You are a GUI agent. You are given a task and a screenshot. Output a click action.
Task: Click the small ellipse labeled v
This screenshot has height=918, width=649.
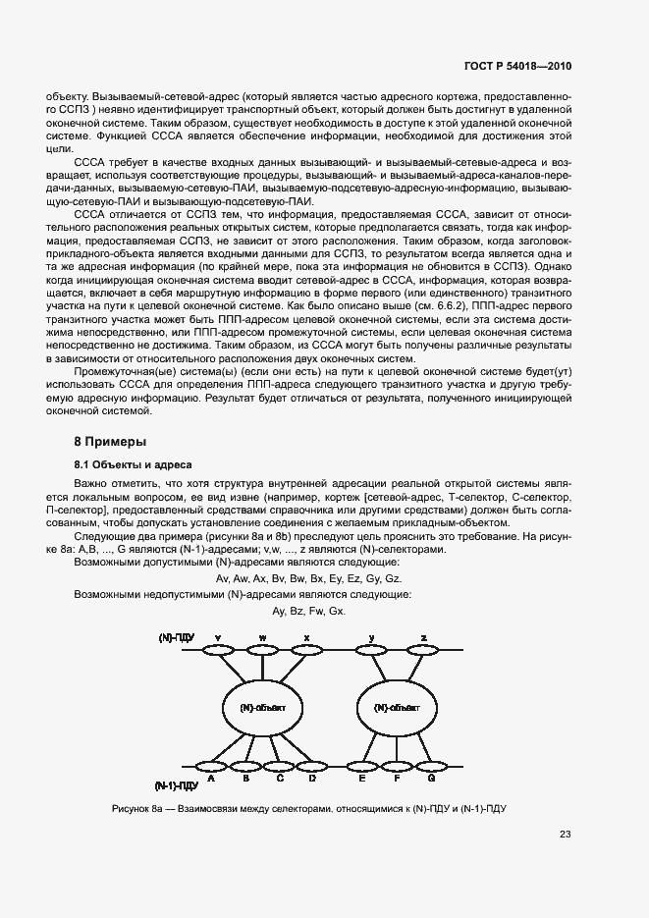pyautogui.click(x=218, y=650)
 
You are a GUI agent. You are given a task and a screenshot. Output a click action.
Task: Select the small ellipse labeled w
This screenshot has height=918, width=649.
pyautogui.click(x=263, y=650)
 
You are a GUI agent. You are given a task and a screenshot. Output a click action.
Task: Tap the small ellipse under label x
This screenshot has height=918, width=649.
pyautogui.click(x=307, y=650)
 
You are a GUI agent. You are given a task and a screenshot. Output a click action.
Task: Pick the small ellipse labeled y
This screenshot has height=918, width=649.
pyautogui.click(x=373, y=650)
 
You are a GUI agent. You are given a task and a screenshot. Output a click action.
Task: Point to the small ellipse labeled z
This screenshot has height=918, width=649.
pyautogui.click(x=422, y=650)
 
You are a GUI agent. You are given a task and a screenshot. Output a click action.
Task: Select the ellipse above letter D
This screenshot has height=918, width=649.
pyautogui.click(x=311, y=766)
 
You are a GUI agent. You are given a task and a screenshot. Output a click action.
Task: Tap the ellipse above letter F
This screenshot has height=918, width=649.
pyautogui.click(x=396, y=766)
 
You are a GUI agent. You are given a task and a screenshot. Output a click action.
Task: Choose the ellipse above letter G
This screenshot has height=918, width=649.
pyautogui.click(x=430, y=766)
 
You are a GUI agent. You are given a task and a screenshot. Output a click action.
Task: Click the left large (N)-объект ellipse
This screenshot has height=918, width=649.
pyautogui.click(x=262, y=707)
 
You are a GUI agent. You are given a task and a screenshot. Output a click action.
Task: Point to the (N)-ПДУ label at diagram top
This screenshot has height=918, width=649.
pyautogui.click(x=177, y=638)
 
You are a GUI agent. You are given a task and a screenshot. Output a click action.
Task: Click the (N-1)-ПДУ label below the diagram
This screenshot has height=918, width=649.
pyautogui.click(x=177, y=786)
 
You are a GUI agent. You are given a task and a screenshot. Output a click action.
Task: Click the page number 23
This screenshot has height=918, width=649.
pyautogui.click(x=565, y=835)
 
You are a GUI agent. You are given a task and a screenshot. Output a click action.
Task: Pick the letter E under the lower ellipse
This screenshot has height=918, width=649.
pyautogui.click(x=362, y=779)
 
